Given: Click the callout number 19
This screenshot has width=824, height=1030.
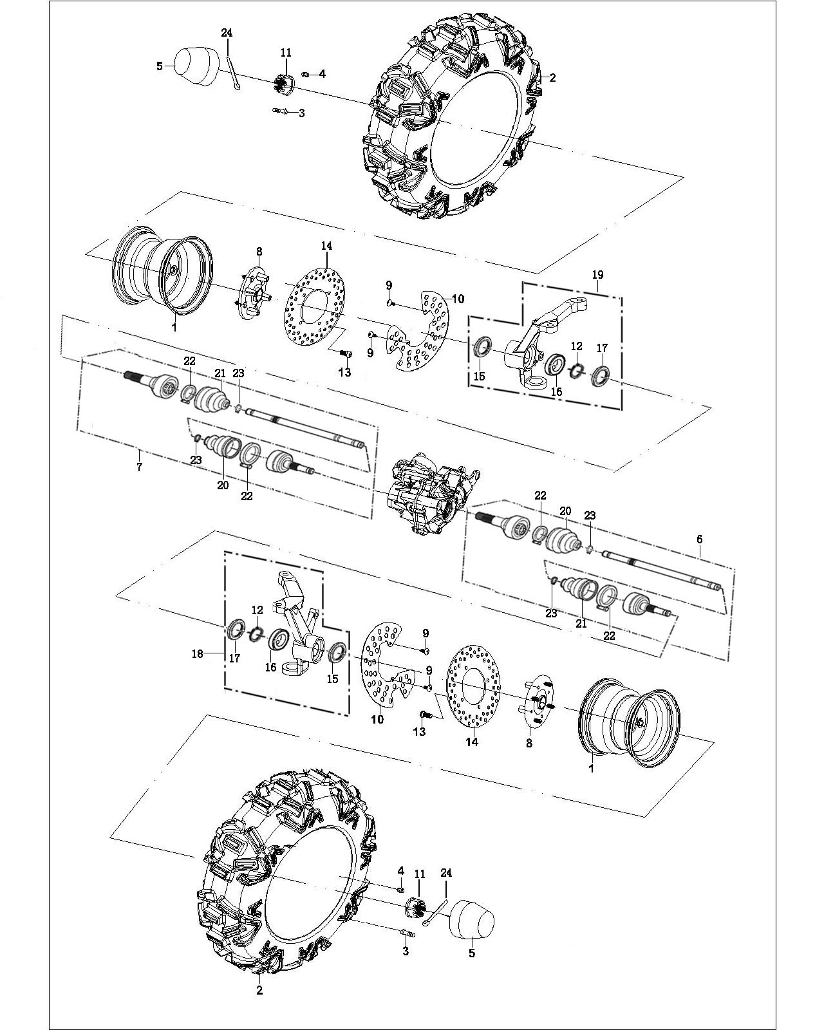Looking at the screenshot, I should (x=597, y=275).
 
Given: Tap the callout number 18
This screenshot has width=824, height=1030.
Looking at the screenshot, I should (x=197, y=653).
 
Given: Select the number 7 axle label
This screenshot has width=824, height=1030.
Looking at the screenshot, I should (x=139, y=467).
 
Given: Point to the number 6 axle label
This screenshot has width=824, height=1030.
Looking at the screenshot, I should (x=699, y=539).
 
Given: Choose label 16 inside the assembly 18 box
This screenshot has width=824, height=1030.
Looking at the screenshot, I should (x=270, y=667).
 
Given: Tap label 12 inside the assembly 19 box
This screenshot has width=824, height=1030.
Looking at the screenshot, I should (x=576, y=346).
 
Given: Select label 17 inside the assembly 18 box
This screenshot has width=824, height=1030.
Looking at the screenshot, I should (x=235, y=658).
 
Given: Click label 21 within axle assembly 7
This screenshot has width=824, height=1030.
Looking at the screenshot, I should (x=220, y=373).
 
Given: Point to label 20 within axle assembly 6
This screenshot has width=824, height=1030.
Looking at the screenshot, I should (x=565, y=511).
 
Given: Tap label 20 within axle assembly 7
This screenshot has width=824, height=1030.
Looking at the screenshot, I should (x=223, y=485).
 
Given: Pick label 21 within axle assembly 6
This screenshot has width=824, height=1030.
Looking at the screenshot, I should (x=582, y=623).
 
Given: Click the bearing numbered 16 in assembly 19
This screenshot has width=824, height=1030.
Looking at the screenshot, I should (x=556, y=365).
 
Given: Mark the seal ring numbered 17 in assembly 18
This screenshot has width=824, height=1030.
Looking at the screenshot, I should (x=237, y=629).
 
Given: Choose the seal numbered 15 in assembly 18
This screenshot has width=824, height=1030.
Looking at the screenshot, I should (x=337, y=651).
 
